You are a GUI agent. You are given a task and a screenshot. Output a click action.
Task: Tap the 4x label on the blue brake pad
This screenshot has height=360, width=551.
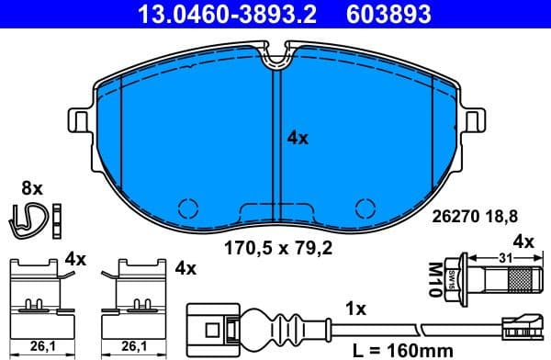(298, 139)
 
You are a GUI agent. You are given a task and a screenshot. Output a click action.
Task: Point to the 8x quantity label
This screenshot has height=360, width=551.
(32, 188)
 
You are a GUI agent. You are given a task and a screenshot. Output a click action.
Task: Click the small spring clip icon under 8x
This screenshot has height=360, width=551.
(34, 217)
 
